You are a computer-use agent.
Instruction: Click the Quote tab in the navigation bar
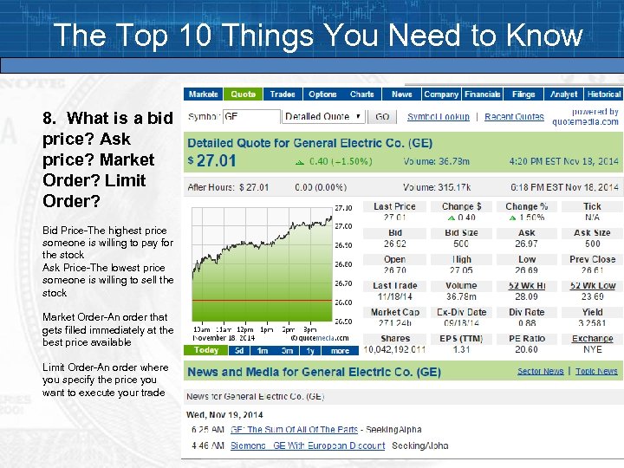244,94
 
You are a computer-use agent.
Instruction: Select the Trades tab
283,94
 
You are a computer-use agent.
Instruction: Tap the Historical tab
603,94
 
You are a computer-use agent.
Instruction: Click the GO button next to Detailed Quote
381,116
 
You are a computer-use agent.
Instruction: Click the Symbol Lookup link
438,116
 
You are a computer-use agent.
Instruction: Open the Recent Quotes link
514,116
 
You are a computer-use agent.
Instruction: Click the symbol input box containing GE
251,116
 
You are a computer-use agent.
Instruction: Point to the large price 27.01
216,160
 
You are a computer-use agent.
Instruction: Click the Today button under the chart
206,350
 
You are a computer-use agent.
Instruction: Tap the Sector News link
540,371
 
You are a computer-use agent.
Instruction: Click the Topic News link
596,371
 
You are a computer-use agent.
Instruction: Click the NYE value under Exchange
593,349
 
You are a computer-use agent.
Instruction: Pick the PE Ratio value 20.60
526,349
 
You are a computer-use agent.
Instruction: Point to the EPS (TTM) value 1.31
461,349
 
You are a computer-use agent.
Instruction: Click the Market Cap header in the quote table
394,312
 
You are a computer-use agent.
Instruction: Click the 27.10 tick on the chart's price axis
343,208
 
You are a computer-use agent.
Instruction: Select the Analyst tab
563,94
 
